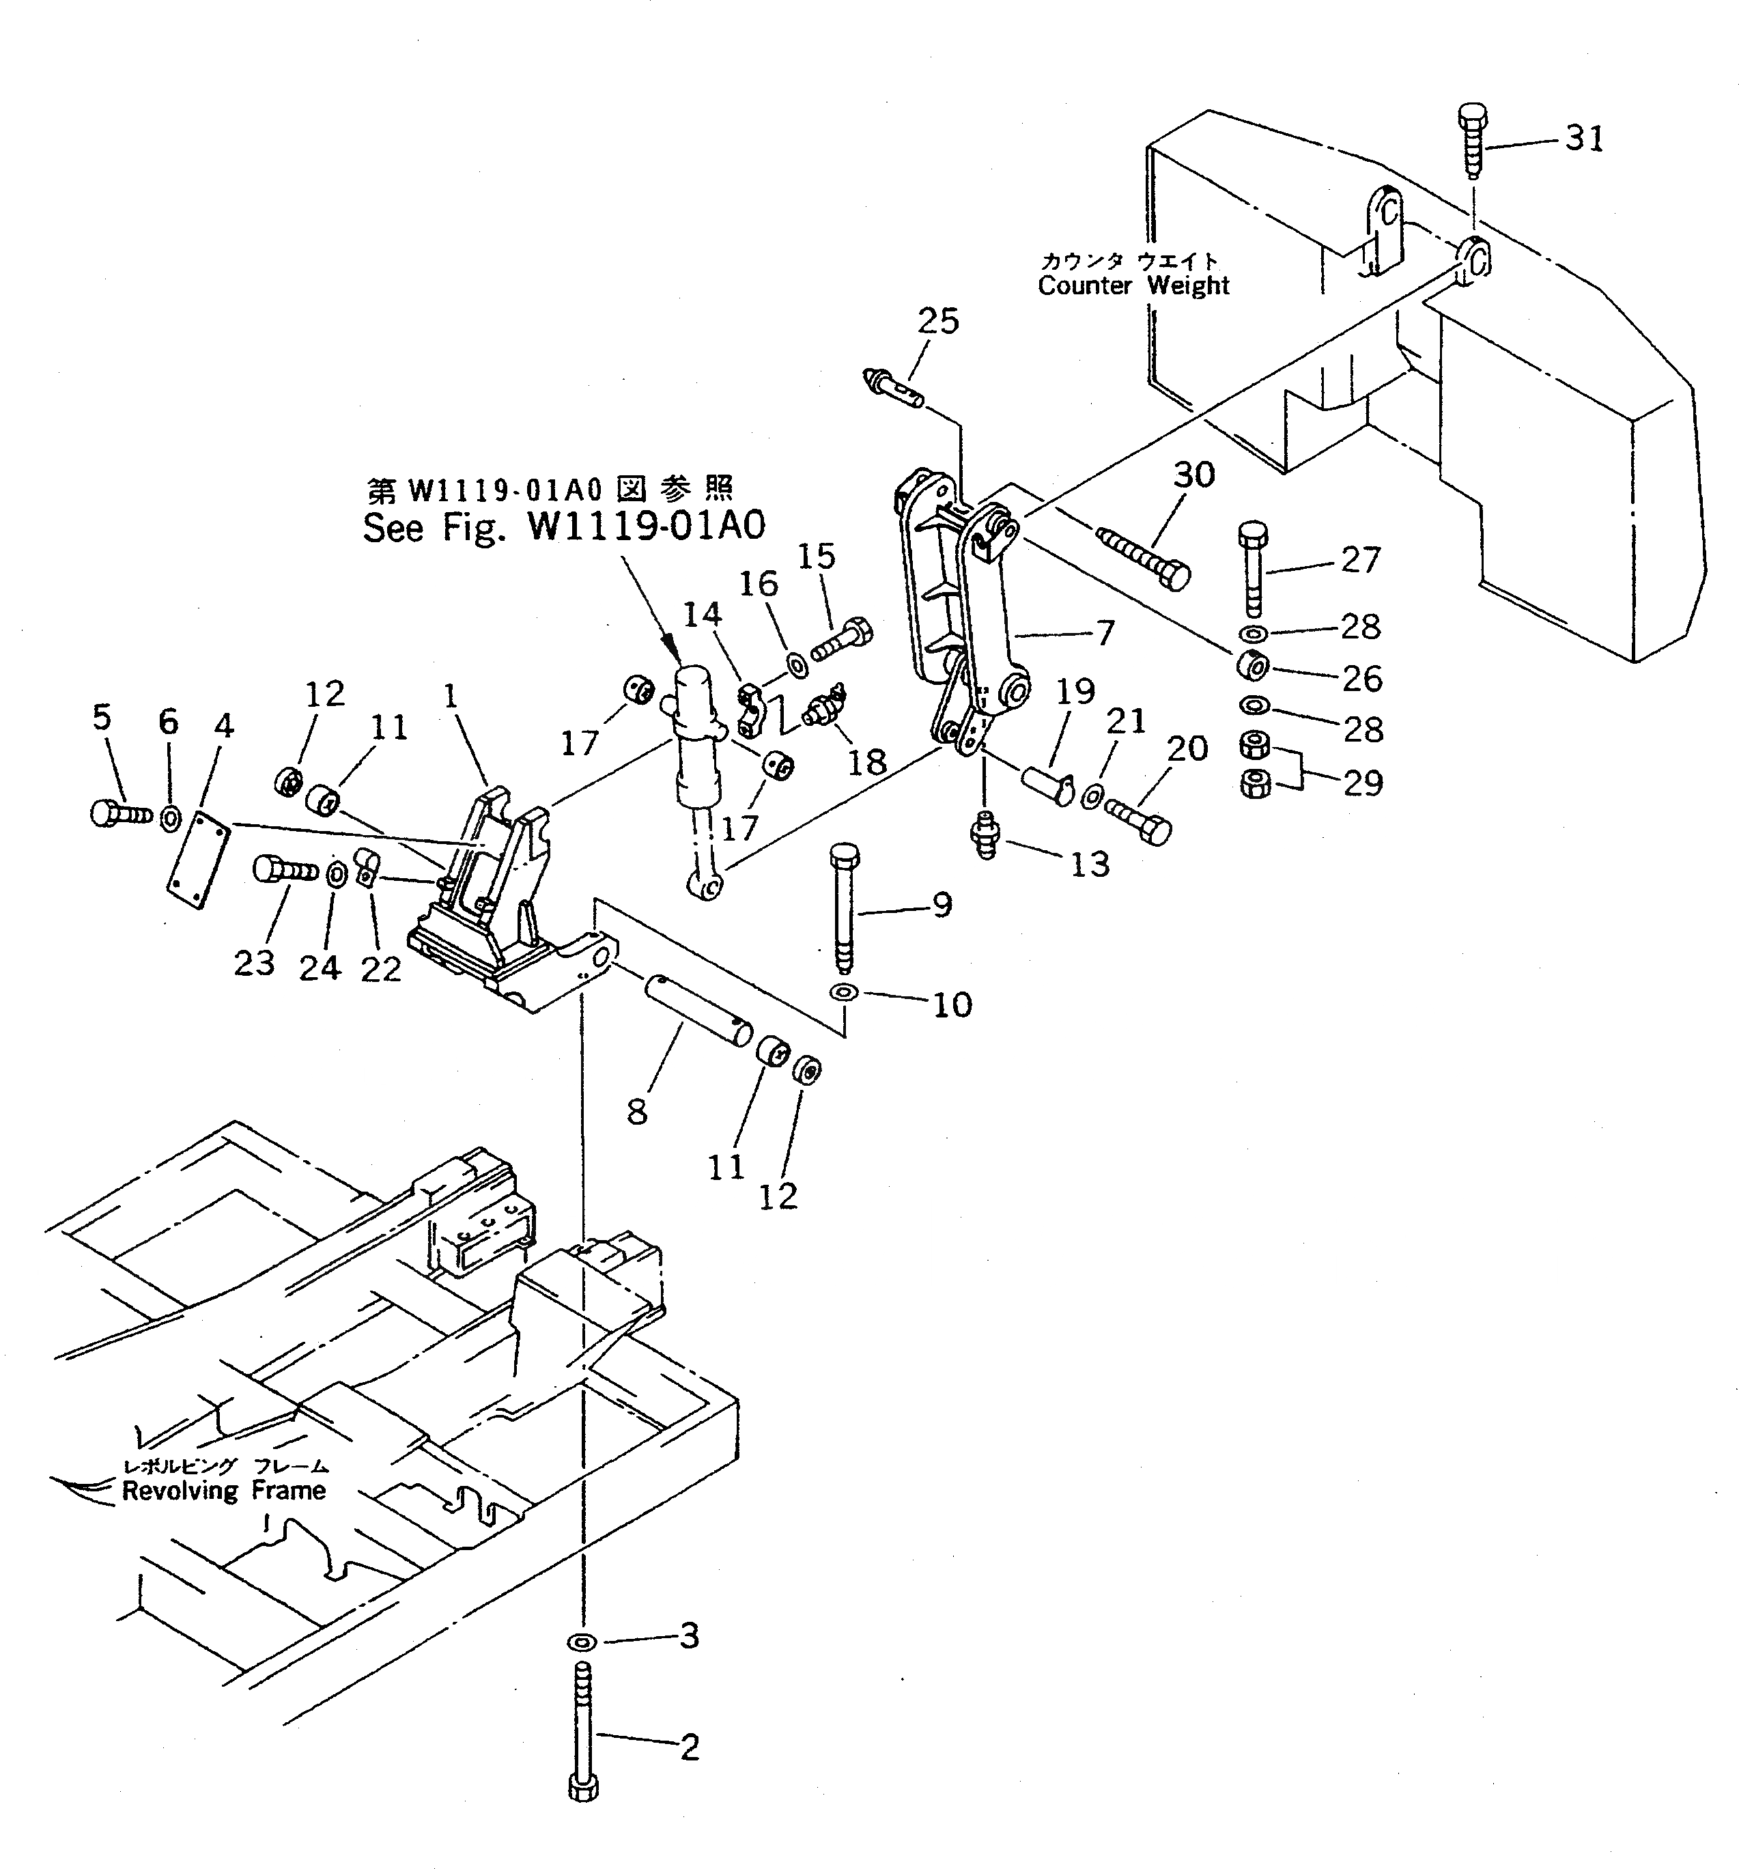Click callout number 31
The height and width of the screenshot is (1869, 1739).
(1584, 139)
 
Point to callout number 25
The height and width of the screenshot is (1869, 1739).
(937, 322)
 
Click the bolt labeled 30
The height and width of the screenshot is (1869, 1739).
(1144, 557)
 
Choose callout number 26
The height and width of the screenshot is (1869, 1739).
(1361, 678)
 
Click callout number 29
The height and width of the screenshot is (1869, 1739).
(1363, 782)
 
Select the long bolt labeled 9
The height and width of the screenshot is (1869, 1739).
(843, 908)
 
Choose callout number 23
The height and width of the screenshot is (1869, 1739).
(254, 961)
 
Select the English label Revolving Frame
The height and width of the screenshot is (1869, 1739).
(224, 1490)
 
